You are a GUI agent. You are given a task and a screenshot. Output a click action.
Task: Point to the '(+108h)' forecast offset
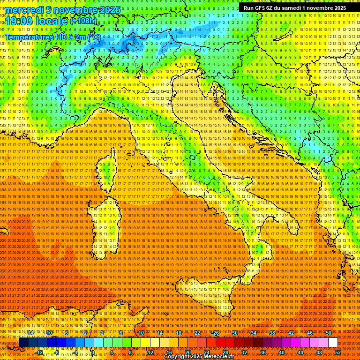point(83,21)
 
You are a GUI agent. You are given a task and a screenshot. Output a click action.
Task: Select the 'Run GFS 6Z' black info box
point(294,8)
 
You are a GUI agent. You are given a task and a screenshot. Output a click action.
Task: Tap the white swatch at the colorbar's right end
point(333,343)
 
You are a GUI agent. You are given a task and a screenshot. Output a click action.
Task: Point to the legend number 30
point(235,333)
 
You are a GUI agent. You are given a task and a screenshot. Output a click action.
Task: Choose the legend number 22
point(197,333)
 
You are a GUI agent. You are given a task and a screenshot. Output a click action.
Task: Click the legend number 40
point(282,352)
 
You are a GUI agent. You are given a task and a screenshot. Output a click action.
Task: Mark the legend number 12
point(150,352)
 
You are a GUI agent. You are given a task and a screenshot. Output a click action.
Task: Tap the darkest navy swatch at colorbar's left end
point(23,343)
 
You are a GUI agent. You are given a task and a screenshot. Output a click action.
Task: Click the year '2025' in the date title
point(109,10)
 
